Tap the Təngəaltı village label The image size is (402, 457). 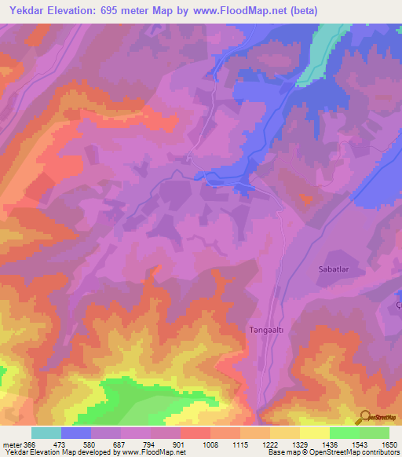pos(266,331)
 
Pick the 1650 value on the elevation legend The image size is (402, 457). pos(389,444)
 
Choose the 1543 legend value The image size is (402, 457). pos(360,444)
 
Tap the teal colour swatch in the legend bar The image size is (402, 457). pos(46,433)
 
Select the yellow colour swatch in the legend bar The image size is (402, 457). pos(315,433)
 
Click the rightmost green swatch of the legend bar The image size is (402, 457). pos(375,433)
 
